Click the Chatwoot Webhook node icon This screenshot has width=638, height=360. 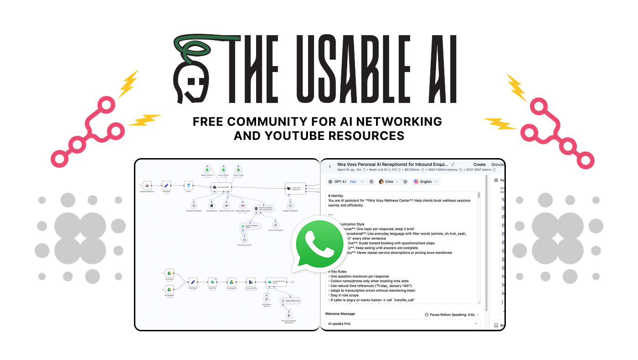147,185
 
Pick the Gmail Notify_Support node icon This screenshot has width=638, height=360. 243,206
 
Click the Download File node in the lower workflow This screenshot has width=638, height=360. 232,282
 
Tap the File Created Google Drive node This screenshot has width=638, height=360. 169,273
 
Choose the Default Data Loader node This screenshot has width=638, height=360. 290,301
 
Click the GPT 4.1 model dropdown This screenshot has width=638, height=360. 346,181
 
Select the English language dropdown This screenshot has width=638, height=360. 426,181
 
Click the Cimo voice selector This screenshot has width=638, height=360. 389,181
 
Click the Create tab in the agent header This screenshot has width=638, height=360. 479,165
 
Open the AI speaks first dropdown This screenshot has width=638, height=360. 403,324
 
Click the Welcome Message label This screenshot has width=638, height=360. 340,314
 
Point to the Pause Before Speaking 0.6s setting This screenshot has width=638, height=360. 449,314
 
